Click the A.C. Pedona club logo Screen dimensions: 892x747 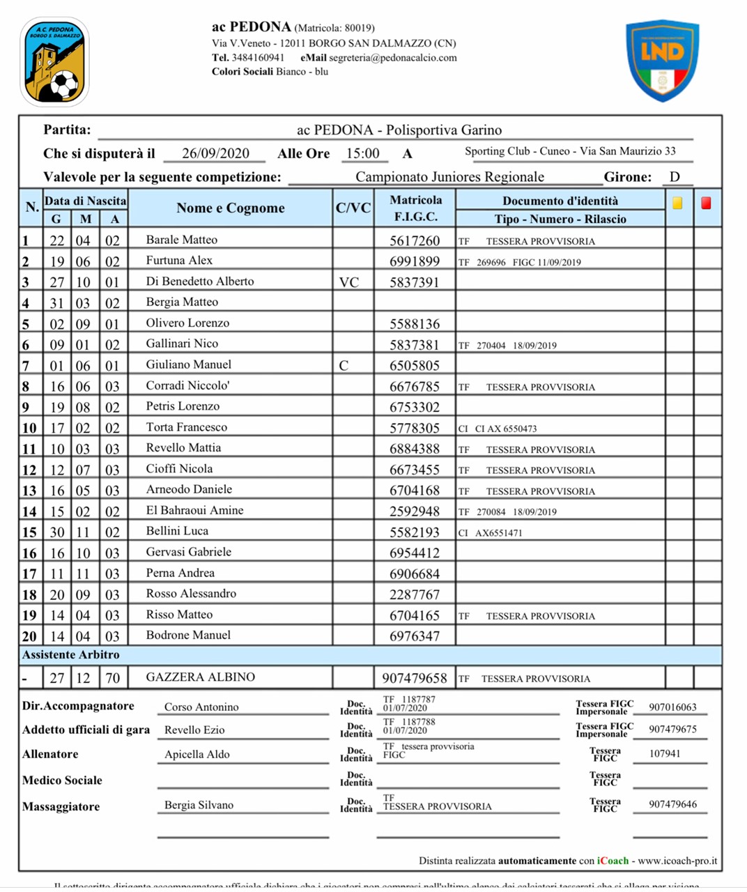pos(55,62)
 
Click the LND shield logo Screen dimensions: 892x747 pos(662,60)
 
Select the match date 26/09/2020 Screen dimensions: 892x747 pos(215,153)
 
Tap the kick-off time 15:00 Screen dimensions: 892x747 pos(362,153)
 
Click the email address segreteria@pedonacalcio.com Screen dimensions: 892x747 pos(392,58)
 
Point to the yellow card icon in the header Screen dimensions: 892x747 pos(677,203)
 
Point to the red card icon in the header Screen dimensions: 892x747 pos(706,203)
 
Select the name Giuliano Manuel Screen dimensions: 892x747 pos(188,364)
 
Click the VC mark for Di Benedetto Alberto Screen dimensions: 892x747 pos(348,282)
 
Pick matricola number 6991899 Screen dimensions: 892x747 pos(415,262)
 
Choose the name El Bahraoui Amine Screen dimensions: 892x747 pos(194,510)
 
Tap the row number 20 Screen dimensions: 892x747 pos(29,636)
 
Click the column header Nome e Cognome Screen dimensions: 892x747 pos(230,208)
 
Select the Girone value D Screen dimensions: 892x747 pos(675,176)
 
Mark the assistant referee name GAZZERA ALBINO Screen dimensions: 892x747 pos(200,677)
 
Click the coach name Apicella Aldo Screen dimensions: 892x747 pos(197,755)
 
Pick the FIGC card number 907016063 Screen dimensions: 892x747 pos(672,707)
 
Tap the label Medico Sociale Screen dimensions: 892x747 pos(62,780)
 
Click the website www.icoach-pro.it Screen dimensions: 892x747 pos(677,861)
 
